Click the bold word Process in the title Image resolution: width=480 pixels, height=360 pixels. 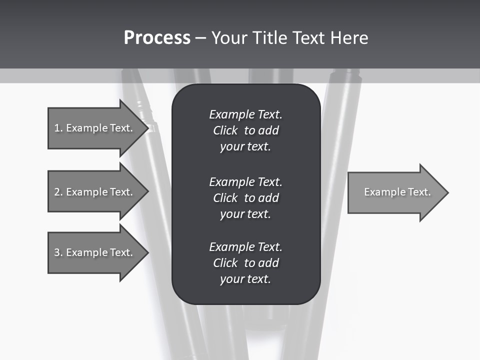(157, 37)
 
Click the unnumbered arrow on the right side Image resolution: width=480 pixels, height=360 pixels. (395, 192)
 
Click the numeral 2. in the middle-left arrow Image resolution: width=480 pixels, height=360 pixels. (58, 192)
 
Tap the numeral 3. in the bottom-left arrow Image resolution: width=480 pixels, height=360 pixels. (58, 252)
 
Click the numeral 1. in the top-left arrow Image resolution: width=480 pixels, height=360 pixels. (58, 128)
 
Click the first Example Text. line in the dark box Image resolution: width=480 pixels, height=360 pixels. (245, 114)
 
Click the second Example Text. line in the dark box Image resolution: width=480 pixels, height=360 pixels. (245, 181)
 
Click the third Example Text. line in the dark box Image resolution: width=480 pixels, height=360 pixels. (245, 246)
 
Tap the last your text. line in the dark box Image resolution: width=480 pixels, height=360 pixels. (245, 279)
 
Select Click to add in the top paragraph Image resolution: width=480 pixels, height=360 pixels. (245, 130)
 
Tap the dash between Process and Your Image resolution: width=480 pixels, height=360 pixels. (200, 38)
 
